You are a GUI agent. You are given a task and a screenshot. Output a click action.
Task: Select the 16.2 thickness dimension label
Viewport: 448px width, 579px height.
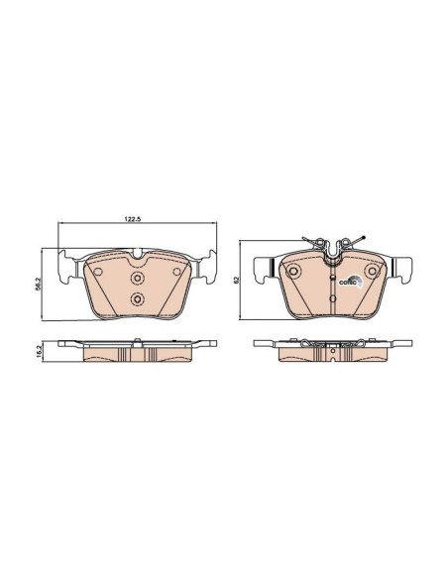pyautogui.click(x=44, y=351)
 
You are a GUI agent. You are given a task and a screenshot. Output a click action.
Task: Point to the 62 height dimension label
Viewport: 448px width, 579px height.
pyautogui.click(x=237, y=280)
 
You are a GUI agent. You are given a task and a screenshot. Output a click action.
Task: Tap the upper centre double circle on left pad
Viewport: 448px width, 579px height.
pyautogui.click(x=138, y=278)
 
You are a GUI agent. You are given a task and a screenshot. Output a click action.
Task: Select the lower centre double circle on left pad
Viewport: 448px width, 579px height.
pyautogui.click(x=138, y=298)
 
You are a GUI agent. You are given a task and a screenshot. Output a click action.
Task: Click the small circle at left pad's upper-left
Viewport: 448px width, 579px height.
pyautogui.click(x=98, y=272)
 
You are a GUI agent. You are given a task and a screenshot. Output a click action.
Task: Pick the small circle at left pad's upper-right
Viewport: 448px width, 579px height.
pyautogui.click(x=176, y=272)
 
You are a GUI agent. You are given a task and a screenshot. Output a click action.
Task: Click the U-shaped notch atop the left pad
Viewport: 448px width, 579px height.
pyautogui.click(x=138, y=254)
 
